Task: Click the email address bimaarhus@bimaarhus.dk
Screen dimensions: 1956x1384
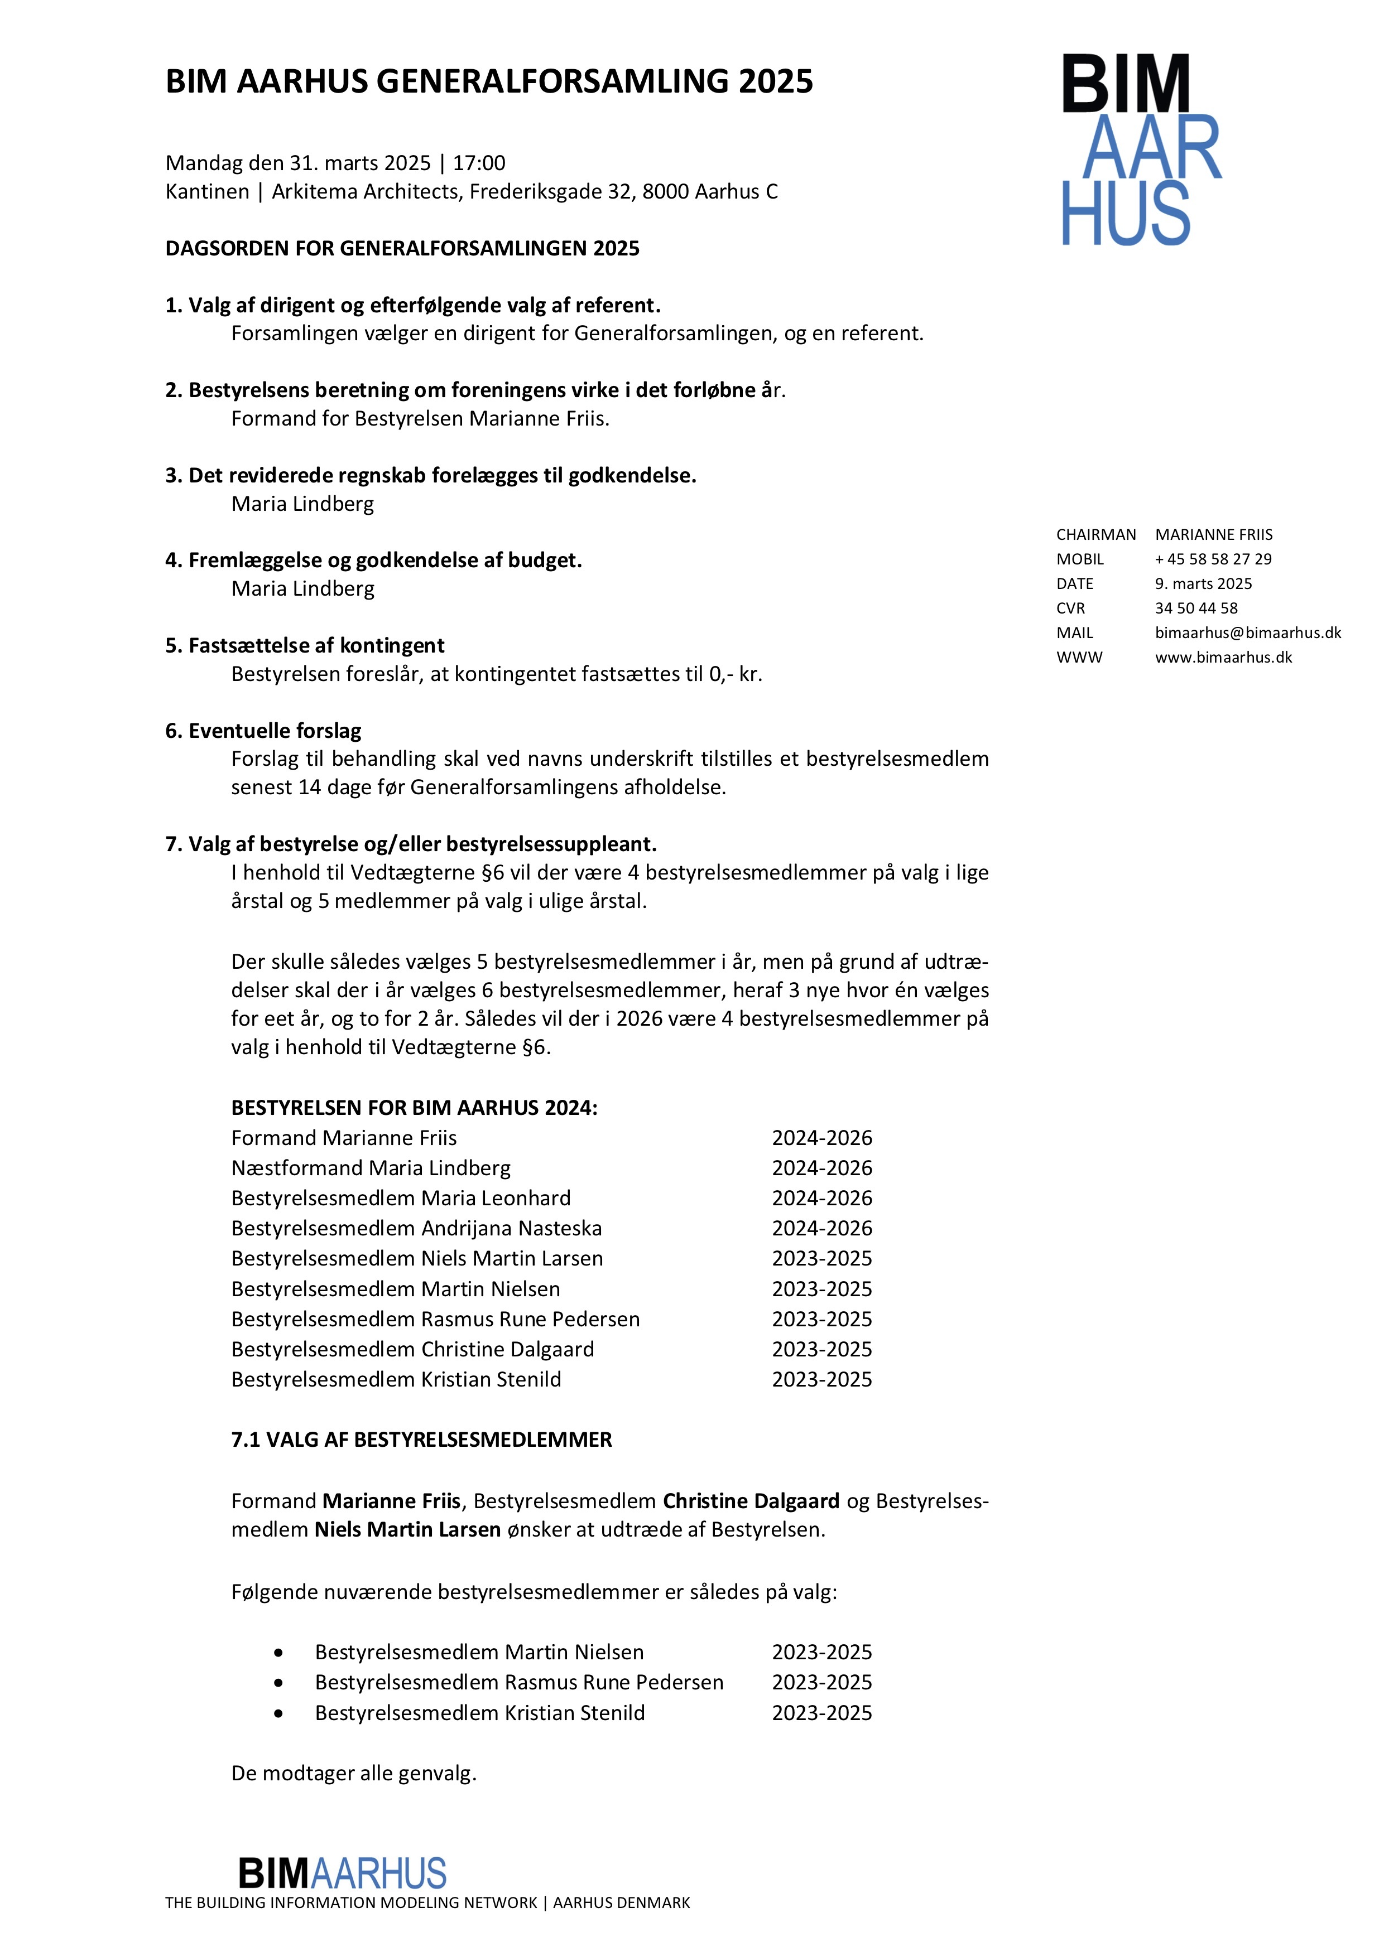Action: pos(1248,632)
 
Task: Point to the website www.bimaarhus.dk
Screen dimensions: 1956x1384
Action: pos(1223,657)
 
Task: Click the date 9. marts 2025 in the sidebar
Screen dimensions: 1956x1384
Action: pos(1203,583)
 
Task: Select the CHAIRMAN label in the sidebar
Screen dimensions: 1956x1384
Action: pos(1096,534)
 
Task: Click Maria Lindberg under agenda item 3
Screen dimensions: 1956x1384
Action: pos(302,504)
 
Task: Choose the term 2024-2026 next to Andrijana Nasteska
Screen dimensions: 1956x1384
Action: pos(821,1228)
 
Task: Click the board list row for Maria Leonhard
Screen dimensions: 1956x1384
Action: pos(401,1198)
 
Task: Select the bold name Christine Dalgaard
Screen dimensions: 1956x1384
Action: pos(751,1500)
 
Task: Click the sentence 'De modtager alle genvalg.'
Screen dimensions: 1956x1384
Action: pos(354,1773)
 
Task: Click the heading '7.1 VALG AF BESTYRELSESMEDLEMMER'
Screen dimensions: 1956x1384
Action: pos(422,1439)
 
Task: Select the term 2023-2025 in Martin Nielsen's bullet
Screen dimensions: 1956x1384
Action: pos(821,1652)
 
